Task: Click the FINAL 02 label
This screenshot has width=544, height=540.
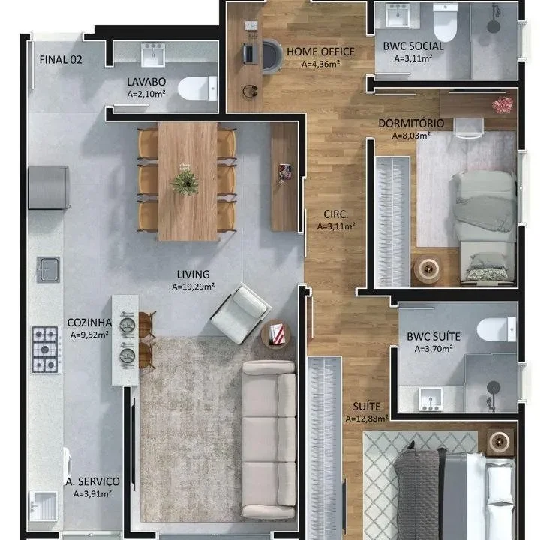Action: tap(61, 60)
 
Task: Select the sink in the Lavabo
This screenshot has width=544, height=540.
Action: tap(153, 55)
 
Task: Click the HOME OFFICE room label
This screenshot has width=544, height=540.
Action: tap(320, 52)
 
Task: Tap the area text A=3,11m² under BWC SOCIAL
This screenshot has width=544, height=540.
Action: tap(413, 58)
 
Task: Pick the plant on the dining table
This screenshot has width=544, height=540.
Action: tap(185, 179)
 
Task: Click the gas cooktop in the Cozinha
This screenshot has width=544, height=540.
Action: tap(45, 349)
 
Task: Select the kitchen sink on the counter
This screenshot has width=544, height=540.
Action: tap(48, 269)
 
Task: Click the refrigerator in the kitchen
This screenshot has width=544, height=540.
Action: tap(49, 187)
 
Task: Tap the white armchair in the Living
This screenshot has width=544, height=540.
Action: tap(241, 313)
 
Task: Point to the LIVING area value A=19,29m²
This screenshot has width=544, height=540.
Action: tap(194, 286)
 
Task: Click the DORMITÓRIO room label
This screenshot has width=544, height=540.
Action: tap(411, 124)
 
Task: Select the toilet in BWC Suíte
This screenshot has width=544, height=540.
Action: tap(497, 329)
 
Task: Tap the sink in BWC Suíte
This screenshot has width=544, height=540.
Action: tap(430, 399)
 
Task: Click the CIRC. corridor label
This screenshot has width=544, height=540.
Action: tap(336, 214)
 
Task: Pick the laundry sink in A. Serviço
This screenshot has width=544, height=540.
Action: tap(44, 506)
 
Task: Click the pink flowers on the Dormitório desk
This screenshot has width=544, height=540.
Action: tap(503, 104)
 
